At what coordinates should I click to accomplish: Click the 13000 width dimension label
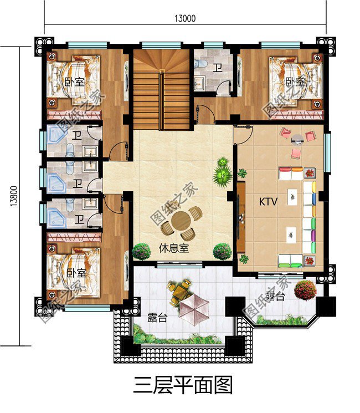click(185, 18)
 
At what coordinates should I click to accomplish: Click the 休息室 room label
click(173, 248)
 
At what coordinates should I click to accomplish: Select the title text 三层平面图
click(183, 384)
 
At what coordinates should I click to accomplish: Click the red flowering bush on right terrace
click(305, 289)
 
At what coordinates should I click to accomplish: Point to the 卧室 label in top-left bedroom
click(74, 82)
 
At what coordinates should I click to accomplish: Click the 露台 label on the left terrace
click(158, 318)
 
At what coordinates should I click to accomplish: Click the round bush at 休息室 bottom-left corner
click(141, 251)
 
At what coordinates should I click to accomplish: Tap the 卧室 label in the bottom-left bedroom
click(76, 273)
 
